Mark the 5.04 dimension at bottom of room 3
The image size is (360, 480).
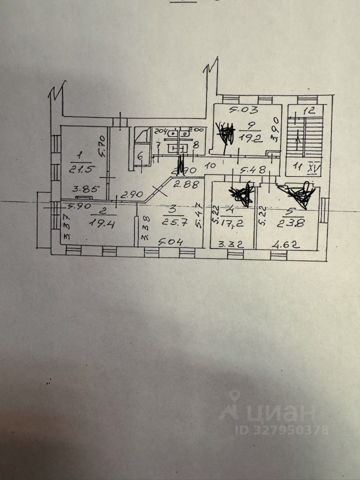(170, 243)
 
